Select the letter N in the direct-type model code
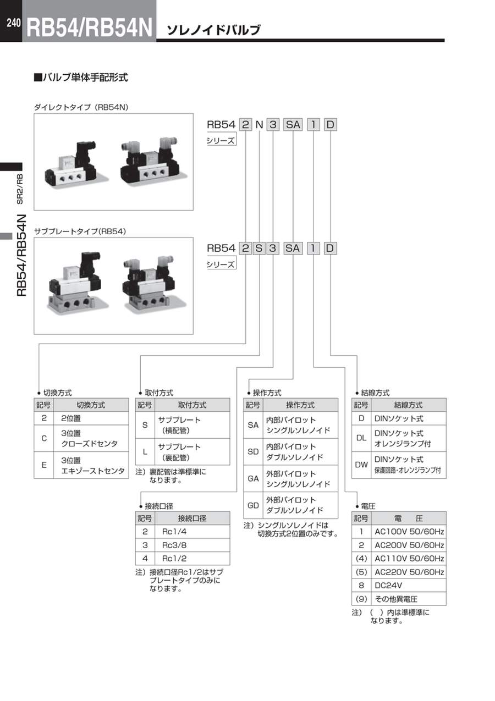(x=259, y=125)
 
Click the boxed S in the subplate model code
(x=258, y=248)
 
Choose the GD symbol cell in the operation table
(x=253, y=505)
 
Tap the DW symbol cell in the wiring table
(x=361, y=465)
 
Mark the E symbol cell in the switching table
(x=43, y=465)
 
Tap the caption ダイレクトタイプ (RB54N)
(x=81, y=108)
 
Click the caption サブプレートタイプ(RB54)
(x=80, y=231)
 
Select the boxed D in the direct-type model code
(x=329, y=125)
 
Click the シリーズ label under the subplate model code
(x=221, y=264)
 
